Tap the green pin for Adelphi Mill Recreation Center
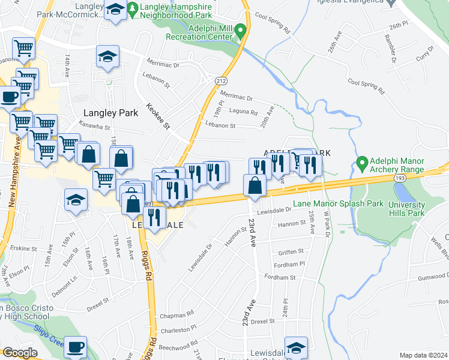point(240,29)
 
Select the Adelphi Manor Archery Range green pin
point(361,163)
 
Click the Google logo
point(19,353)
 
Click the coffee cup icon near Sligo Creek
point(76,347)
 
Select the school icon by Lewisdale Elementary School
point(295,349)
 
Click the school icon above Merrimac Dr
point(108,57)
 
